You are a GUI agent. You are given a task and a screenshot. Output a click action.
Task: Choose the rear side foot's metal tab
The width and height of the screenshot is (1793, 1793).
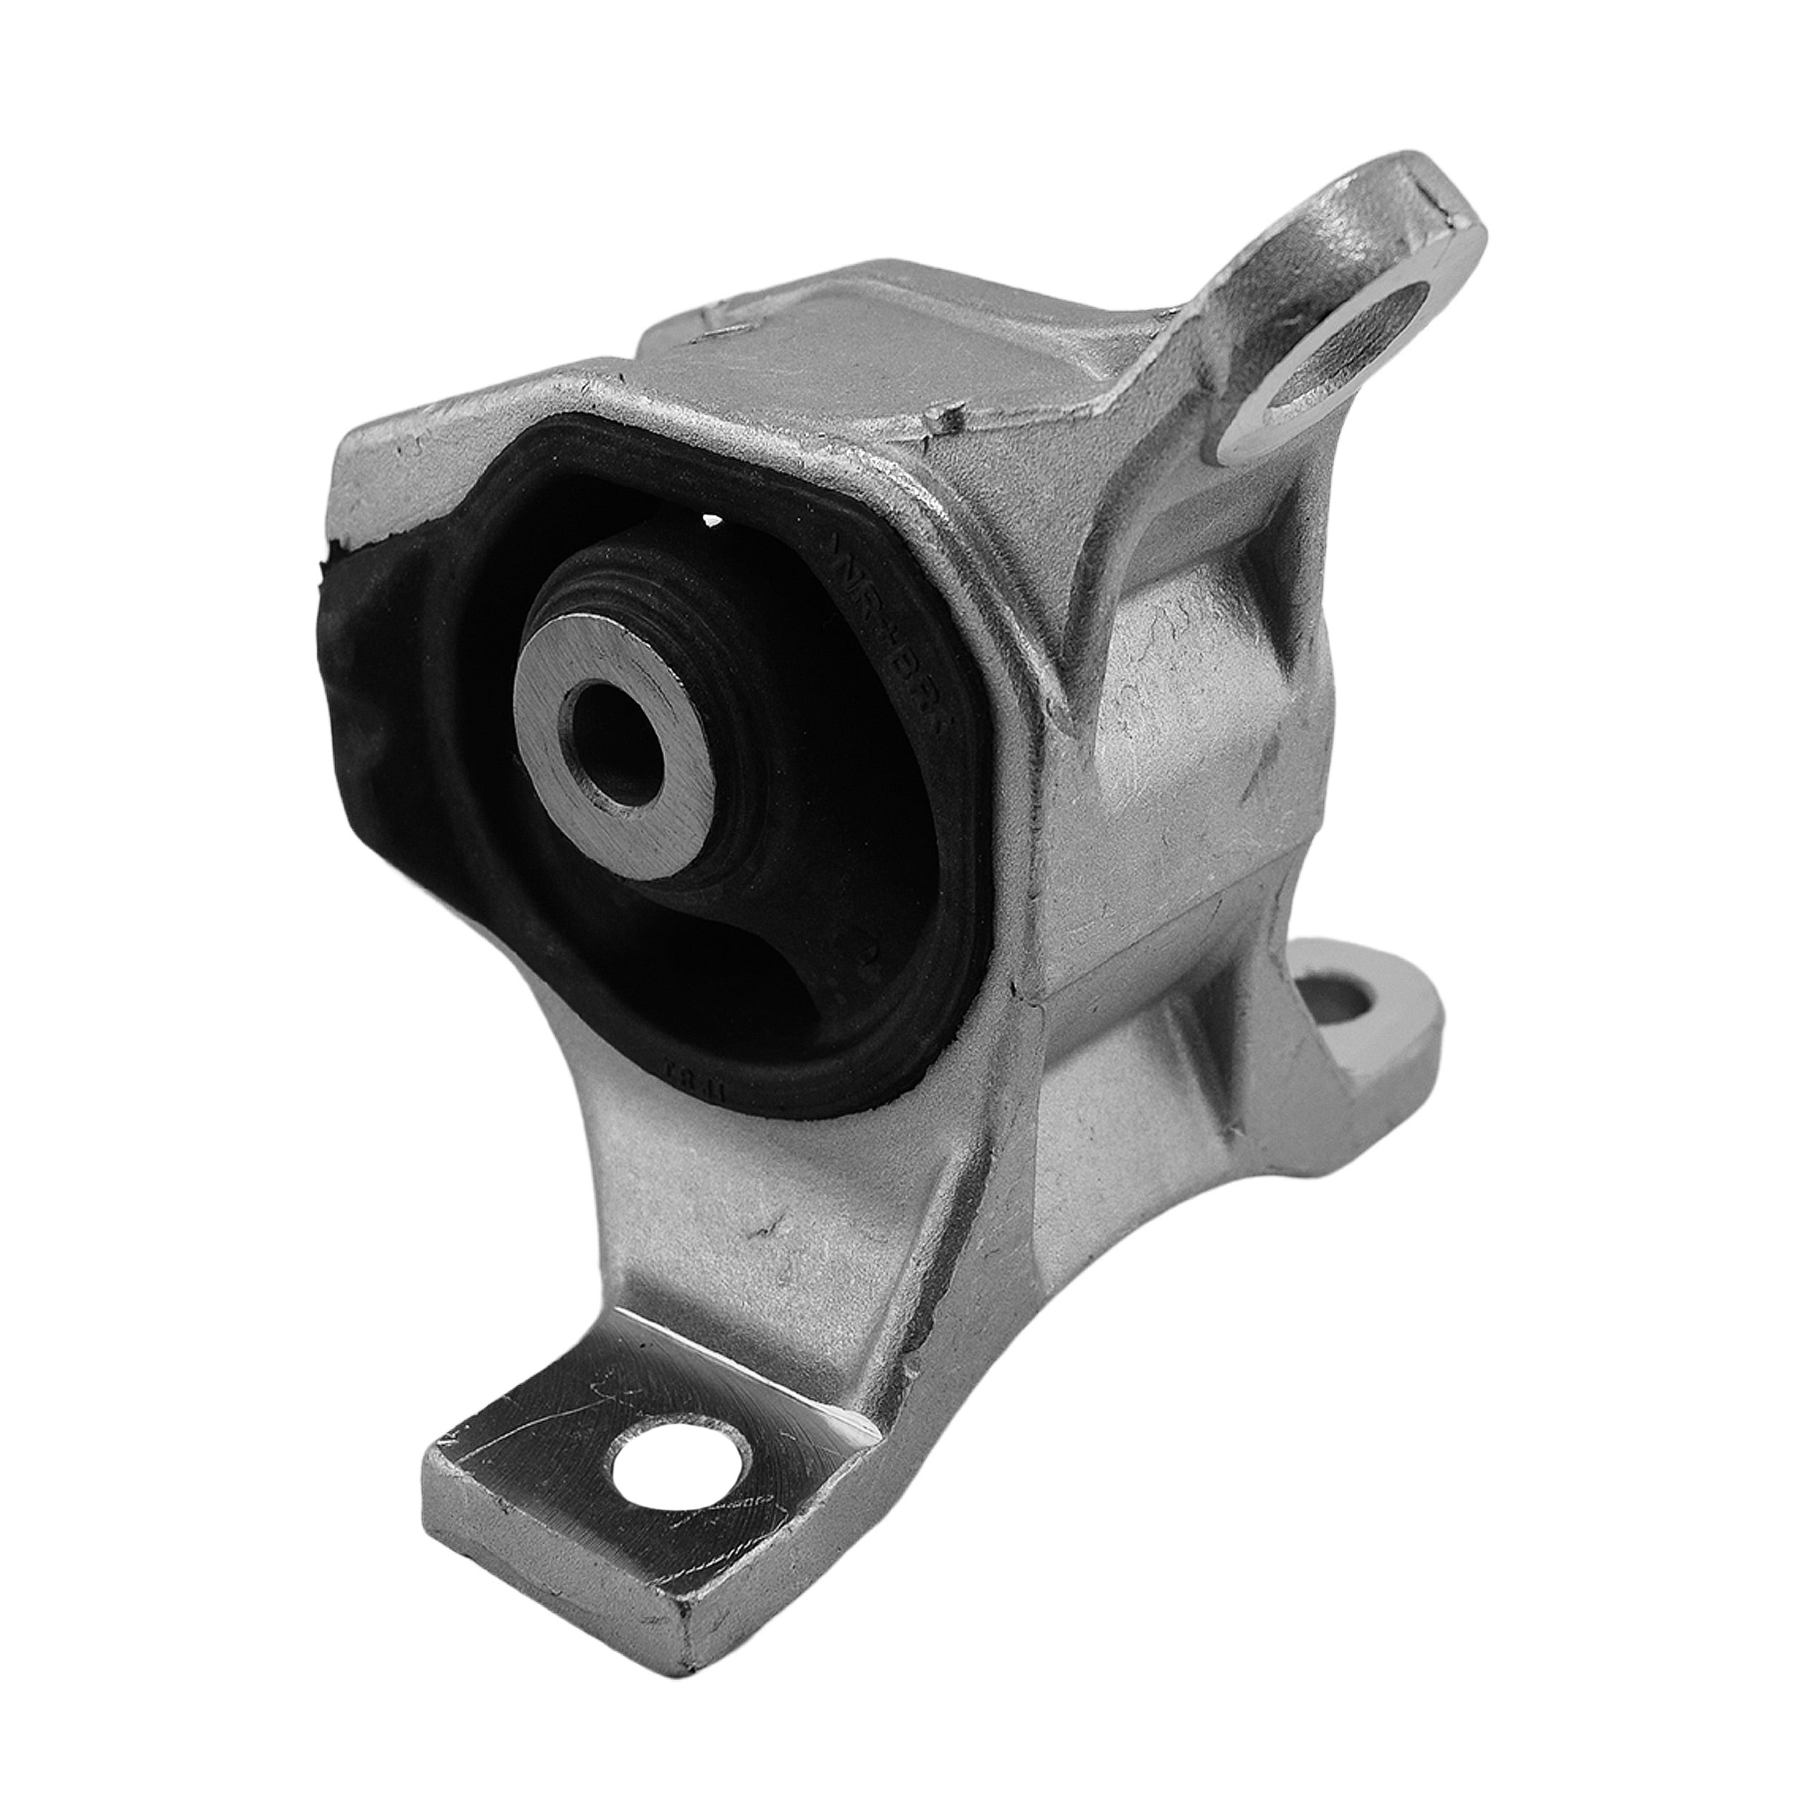click(x=1373, y=1049)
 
